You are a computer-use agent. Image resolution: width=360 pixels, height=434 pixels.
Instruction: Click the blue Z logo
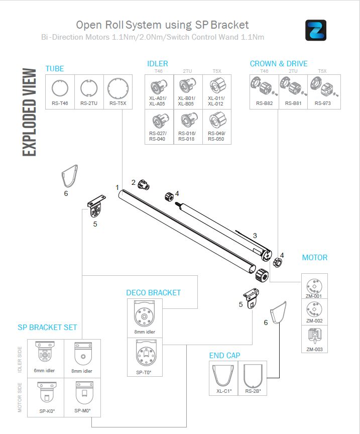(x=315, y=30)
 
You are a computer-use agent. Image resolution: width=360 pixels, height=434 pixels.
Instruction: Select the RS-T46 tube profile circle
(x=60, y=88)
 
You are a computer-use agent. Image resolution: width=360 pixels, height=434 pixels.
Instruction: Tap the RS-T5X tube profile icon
(x=118, y=87)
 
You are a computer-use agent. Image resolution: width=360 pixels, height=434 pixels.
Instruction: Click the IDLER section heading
(x=158, y=64)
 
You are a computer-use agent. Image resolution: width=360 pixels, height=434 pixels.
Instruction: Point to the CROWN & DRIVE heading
(x=279, y=64)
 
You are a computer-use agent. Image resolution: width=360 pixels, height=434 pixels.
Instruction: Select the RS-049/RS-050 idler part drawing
(x=216, y=121)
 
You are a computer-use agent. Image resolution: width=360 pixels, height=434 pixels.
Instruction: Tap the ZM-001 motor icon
(x=314, y=284)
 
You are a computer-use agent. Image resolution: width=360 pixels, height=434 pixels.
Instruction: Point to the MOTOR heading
(x=314, y=258)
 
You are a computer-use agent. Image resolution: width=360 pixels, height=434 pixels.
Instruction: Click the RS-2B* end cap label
(x=252, y=391)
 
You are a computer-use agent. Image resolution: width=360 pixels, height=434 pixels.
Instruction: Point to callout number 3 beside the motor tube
(x=255, y=235)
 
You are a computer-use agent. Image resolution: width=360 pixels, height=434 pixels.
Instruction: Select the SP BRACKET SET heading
(x=47, y=328)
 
